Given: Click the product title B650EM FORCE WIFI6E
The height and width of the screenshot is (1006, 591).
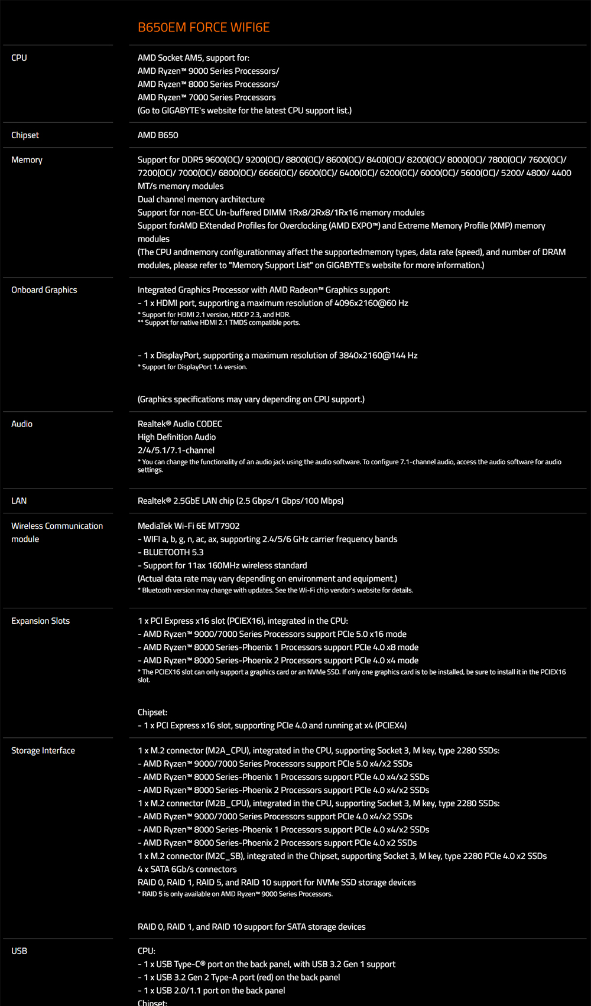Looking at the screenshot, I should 203,28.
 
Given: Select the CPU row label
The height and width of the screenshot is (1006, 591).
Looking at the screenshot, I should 20,58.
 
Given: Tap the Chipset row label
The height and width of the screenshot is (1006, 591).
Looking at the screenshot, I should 25,135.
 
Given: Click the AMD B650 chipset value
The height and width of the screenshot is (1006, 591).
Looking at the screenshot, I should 158,135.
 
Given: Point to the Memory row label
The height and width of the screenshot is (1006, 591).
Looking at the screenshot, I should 27,160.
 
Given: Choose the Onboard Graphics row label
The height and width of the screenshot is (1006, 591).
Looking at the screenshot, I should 44,290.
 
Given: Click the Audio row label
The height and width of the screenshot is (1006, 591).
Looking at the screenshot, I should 22,424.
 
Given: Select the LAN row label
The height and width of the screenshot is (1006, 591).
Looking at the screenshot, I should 19,501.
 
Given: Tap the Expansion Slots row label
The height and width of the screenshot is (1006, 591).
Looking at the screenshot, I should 40,621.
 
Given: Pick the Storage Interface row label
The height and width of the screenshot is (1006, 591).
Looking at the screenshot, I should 43,751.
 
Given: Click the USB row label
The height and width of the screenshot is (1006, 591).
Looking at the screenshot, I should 20,951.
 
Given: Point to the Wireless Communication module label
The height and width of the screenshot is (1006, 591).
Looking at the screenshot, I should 57,532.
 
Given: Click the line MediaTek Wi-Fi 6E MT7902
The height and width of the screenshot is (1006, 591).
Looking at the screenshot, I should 189,526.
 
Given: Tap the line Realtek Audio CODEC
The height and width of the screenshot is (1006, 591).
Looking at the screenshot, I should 180,424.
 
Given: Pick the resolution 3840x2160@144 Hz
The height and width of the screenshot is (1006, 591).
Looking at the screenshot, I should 378,356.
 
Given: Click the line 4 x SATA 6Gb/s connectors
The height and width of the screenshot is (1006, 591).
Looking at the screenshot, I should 187,870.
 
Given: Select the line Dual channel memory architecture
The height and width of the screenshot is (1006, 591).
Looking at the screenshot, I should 201,200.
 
